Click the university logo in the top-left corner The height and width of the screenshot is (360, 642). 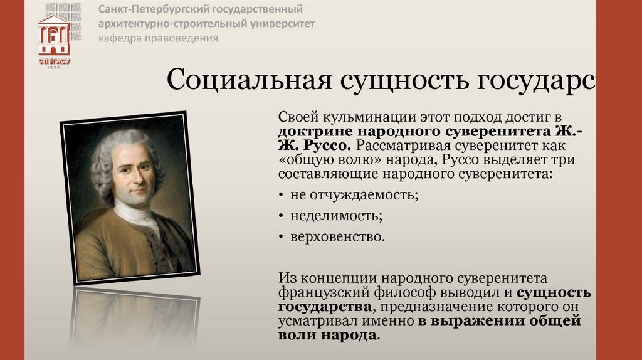[55, 35]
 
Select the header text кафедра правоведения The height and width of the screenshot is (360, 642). [157, 38]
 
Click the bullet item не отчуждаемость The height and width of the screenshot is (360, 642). [354, 194]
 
